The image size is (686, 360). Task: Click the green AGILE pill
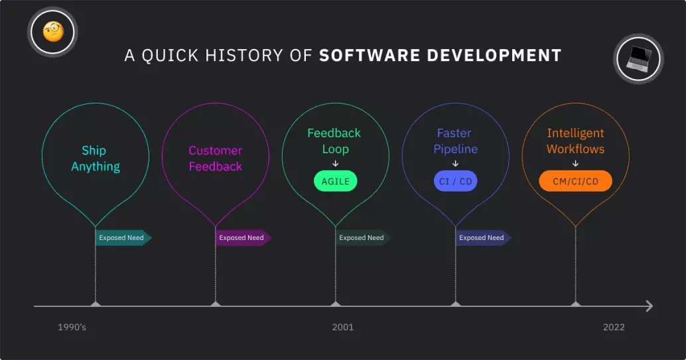336,181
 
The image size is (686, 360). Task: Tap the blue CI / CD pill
455,181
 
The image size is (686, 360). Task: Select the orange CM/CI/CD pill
575,181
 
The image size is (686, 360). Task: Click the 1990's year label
72,328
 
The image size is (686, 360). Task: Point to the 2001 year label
342,328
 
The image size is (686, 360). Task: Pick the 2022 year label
614,328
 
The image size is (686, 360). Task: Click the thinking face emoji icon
53,32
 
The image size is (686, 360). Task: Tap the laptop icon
638,58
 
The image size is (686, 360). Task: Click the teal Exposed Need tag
123,237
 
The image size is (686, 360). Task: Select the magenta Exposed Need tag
243,237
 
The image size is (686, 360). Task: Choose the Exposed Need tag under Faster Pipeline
484,237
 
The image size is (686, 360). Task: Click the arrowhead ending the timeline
650,306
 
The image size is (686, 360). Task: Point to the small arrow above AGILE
336,164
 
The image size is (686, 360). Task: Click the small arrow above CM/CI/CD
575,164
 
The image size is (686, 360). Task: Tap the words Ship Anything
96,158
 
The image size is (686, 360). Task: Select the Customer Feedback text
215,158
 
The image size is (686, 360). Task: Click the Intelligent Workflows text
575,141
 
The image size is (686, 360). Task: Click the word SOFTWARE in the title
370,56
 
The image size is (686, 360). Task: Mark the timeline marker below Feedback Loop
336,304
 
